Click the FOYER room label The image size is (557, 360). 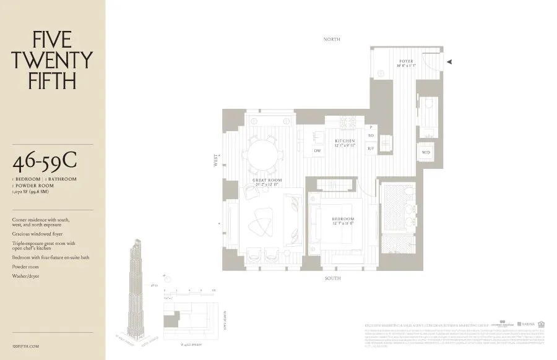(406, 62)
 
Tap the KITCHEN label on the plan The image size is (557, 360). (345, 142)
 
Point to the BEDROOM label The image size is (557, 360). (342, 220)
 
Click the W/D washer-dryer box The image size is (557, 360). (426, 152)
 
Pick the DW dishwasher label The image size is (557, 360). (317, 150)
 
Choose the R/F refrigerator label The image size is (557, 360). (371, 148)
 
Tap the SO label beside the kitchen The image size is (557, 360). (371, 135)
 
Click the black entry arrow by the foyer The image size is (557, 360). (451, 61)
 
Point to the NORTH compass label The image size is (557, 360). (332, 39)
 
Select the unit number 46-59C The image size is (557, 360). (45, 163)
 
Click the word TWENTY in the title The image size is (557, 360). (53, 60)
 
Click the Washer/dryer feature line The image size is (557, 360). (25, 276)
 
